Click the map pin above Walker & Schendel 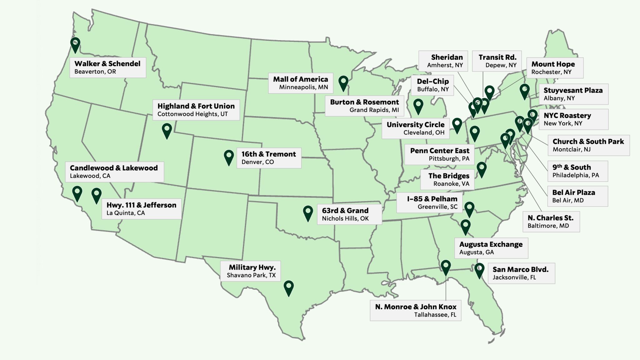(75, 44)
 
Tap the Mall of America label (300, 83)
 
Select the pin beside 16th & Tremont (229, 157)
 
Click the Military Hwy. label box (252, 271)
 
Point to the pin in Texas (288, 287)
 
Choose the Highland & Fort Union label (196, 110)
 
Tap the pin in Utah (167, 130)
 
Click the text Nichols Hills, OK (345, 218)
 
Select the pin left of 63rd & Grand (308, 213)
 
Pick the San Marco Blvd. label (521, 273)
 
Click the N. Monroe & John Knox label (416, 310)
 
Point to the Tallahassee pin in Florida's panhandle (446, 267)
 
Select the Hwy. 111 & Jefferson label (141, 209)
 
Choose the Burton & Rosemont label (364, 106)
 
